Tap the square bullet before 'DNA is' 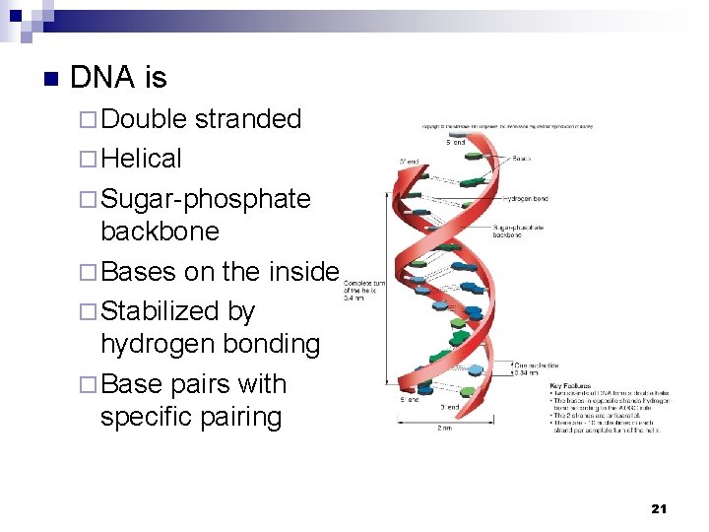[x=49, y=79]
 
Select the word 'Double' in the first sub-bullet [x=144, y=119]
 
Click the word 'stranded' [x=247, y=119]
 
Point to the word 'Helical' [x=141, y=159]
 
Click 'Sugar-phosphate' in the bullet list [x=206, y=199]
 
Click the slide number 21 [x=659, y=508]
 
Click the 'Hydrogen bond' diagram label [x=528, y=198]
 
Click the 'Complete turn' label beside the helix [x=364, y=283]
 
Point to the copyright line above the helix [x=508, y=126]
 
